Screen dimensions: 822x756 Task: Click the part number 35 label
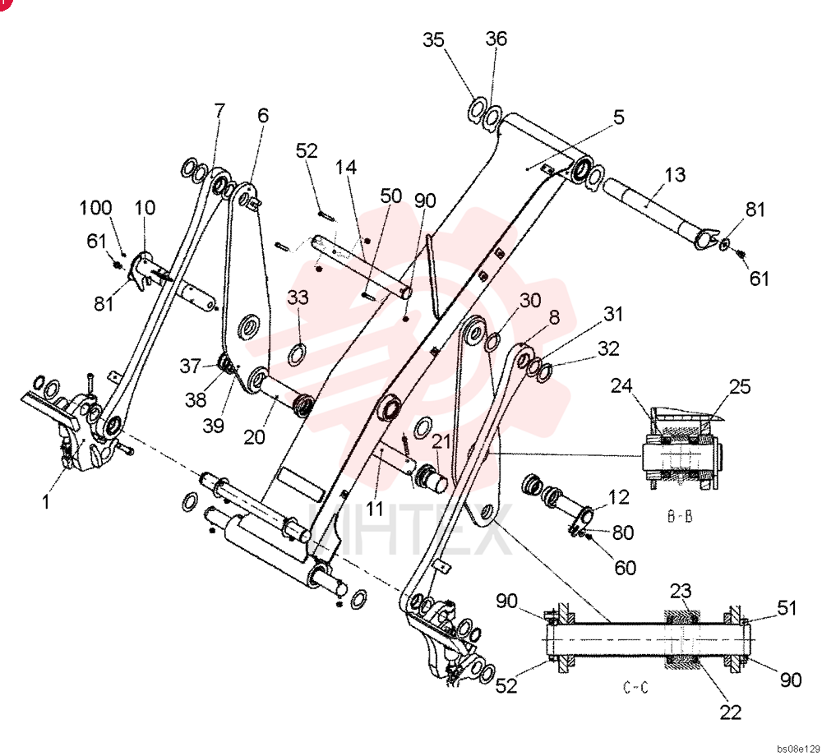[433, 39]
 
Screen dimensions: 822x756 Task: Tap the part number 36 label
[496, 39]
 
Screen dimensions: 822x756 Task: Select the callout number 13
[675, 174]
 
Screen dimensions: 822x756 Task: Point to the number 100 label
[95, 207]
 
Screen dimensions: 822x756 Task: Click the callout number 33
[298, 297]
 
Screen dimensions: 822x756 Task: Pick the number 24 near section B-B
[621, 386]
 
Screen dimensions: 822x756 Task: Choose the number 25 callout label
[740, 387]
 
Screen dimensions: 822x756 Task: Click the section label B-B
[680, 517]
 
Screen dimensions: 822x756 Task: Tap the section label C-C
[635, 687]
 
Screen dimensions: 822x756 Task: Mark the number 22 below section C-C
[730, 712]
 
